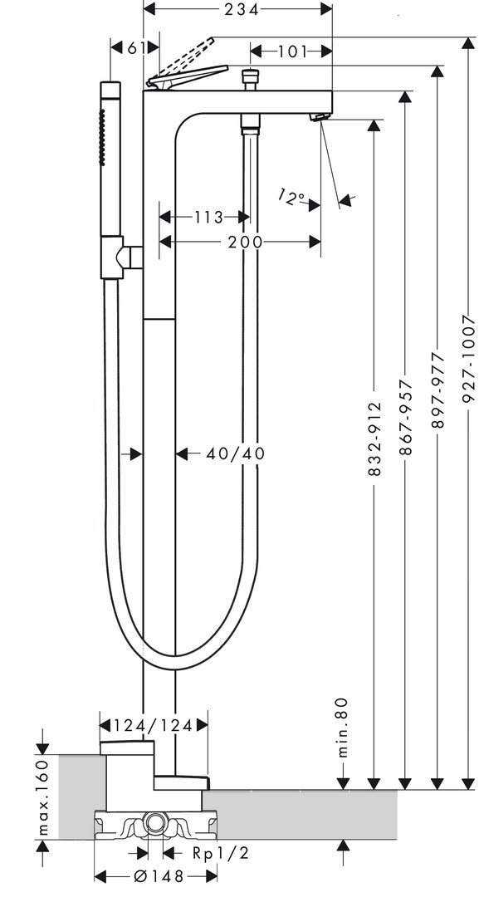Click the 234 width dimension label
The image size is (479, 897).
click(x=237, y=10)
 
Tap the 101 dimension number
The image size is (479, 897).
click(x=292, y=51)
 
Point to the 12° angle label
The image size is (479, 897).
click(x=291, y=198)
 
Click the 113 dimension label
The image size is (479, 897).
click(x=208, y=218)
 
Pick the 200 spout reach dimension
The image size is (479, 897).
click(x=245, y=242)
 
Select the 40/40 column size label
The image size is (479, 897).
click(x=236, y=453)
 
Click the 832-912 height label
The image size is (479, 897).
click(x=374, y=431)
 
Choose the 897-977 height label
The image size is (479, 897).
click(x=437, y=390)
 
